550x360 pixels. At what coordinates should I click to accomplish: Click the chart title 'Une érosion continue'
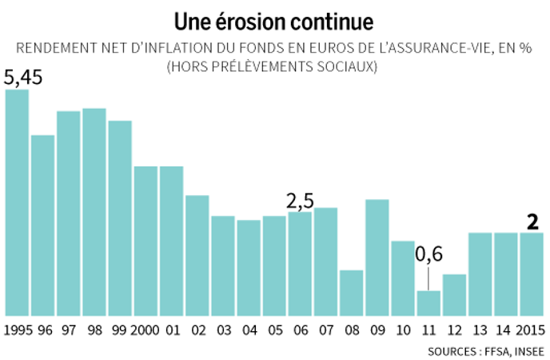coord(274,19)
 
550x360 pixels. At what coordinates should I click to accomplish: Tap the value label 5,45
coord(23,78)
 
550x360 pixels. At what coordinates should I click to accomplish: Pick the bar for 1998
coord(94,212)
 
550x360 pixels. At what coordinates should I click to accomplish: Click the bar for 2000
coord(145,241)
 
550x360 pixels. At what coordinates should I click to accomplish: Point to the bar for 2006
coord(300,264)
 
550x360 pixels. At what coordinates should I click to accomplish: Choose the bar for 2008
coord(351,293)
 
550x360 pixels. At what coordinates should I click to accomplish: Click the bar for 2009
coord(377,258)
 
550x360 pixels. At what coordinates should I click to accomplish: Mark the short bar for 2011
coord(428,303)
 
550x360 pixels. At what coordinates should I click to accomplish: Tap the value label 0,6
coord(428,255)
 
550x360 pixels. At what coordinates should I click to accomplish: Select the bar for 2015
coord(532,274)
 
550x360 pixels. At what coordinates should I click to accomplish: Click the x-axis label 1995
coord(17,330)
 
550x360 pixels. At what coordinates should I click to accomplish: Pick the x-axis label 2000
coord(145,330)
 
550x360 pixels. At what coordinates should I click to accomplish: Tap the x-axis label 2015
coord(531,330)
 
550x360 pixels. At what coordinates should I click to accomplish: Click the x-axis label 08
coord(351,330)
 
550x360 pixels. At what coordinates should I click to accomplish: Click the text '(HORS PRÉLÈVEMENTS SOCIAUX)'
coord(271,68)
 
